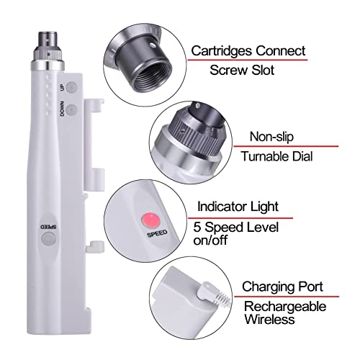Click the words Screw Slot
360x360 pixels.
pyautogui.click(x=241, y=71)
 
